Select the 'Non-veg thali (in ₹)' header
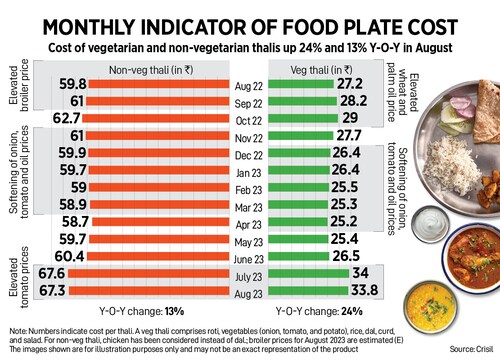(149, 67)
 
